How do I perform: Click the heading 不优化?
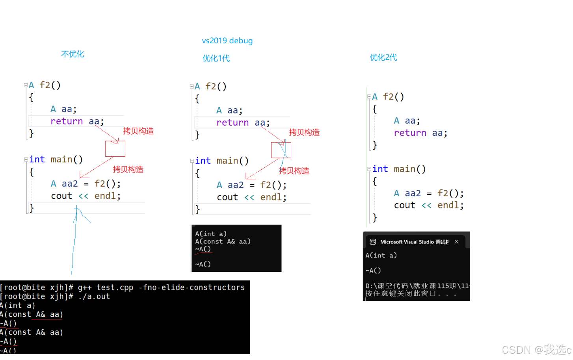73,54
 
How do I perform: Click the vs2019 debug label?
227,41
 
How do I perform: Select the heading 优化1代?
216,58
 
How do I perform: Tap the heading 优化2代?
383,58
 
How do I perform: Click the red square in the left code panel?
115,149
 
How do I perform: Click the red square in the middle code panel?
281,150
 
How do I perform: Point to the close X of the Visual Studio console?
456,242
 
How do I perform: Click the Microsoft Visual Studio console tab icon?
373,242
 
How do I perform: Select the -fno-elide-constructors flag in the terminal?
192,288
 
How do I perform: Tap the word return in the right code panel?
410,133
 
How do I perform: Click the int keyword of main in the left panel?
37,160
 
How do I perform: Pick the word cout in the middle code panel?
227,197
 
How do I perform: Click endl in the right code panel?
450,205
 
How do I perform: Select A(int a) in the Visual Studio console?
381,255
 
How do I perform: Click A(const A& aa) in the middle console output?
223,241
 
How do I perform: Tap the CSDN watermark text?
536,349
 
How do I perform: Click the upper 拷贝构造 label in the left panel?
138,131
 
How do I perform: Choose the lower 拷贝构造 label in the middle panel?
294,171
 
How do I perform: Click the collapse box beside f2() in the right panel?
369,96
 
